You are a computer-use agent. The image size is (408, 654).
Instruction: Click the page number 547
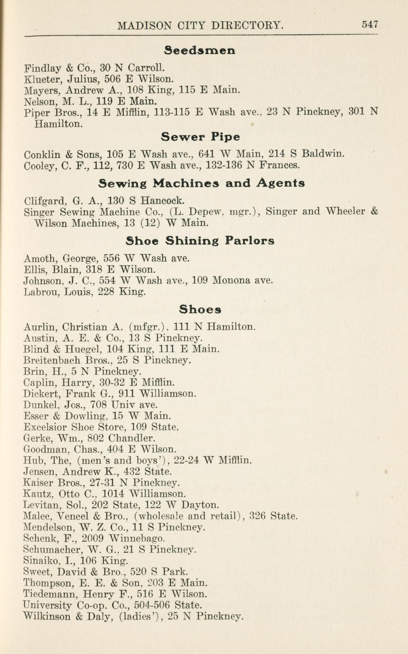tap(370, 24)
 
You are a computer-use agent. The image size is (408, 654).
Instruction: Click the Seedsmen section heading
tap(200, 50)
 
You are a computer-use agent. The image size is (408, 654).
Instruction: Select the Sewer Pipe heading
tap(200, 137)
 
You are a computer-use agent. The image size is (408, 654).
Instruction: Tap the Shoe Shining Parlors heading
tap(200, 240)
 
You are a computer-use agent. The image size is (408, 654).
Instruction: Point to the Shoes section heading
tap(200, 310)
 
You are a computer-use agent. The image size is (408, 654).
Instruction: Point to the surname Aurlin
tap(37, 327)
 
